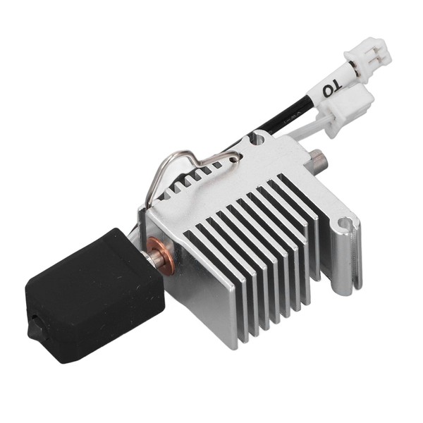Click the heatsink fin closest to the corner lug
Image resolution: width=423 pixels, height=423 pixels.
310,233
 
